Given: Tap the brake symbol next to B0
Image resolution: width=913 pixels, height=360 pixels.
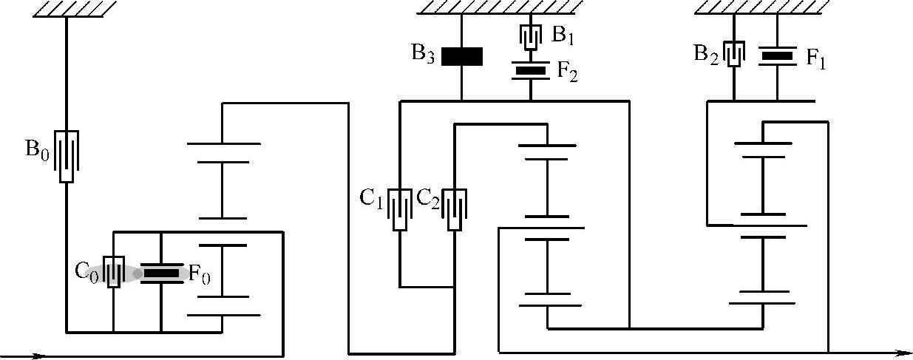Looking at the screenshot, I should (x=67, y=156).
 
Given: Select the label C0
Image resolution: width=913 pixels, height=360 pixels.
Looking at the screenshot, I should (x=86, y=271).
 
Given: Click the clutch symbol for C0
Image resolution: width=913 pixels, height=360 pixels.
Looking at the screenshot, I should (x=113, y=272).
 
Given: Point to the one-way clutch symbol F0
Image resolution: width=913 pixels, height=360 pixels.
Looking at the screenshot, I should (x=160, y=274).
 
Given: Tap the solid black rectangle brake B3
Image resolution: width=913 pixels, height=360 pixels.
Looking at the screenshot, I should (x=462, y=56).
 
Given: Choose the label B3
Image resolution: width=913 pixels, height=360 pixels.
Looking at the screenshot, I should (x=425, y=56).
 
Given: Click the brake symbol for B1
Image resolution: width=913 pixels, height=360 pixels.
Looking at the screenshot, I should (x=531, y=35).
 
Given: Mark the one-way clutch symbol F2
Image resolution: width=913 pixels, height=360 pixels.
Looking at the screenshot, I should (x=531, y=71).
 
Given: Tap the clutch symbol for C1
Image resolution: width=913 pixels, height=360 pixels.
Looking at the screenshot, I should (x=400, y=209).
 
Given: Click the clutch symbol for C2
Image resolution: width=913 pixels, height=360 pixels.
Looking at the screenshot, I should (x=455, y=209).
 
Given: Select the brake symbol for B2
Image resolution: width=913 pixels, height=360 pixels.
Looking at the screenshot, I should (x=733, y=54).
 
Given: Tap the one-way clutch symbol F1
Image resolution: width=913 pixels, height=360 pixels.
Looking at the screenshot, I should (x=777, y=55).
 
